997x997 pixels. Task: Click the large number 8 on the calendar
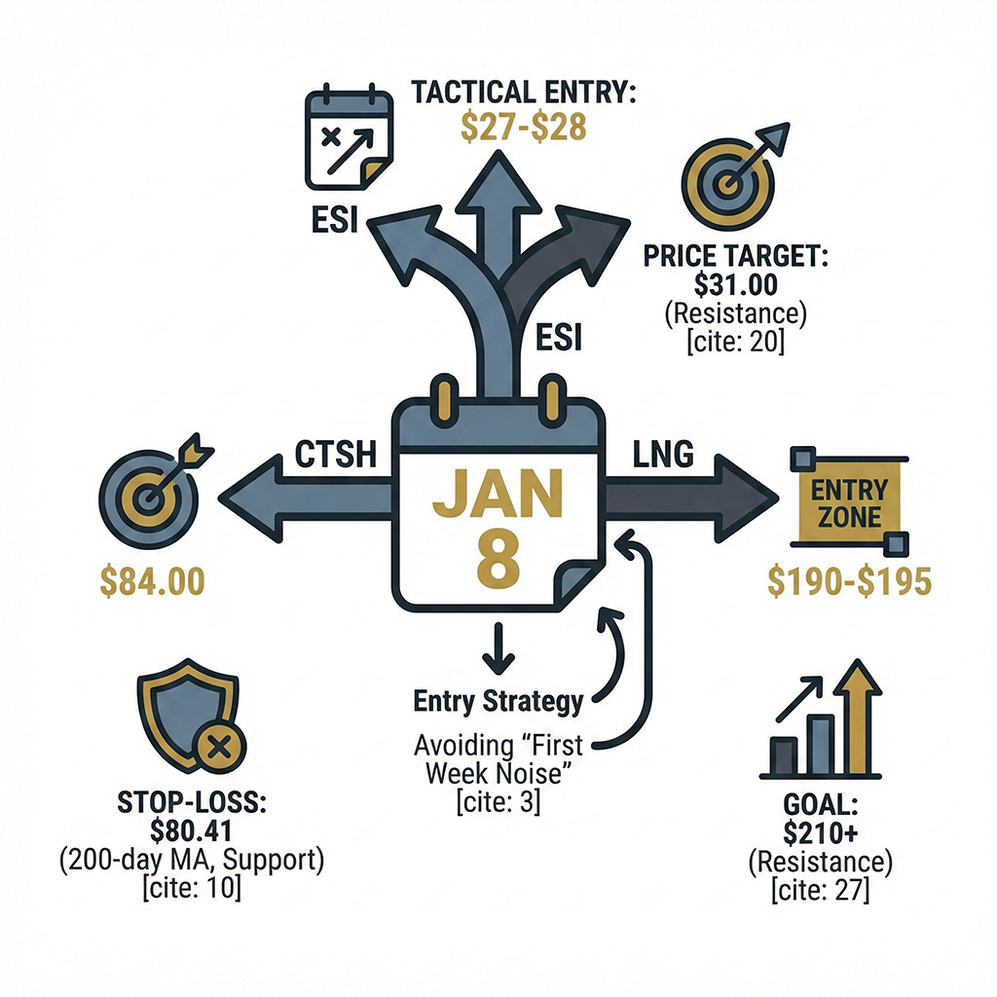[498, 556]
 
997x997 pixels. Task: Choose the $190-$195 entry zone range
[849, 581]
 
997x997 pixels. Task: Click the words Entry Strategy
[498, 700]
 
